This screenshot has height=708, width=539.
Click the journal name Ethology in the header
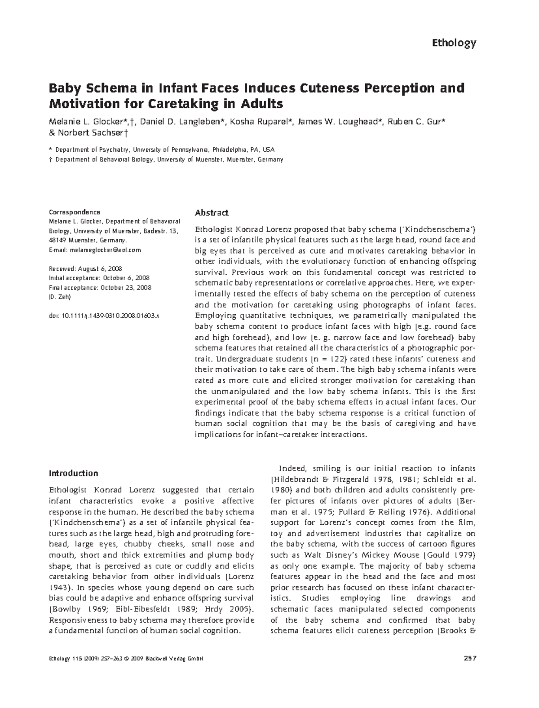pos(453,43)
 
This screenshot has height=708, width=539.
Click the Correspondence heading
pos(74,212)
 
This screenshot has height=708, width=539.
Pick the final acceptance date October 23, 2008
pos(126,287)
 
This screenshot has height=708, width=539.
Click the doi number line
pos(104,316)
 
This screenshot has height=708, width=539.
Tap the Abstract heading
pos(212,213)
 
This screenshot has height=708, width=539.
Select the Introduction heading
pos(73,473)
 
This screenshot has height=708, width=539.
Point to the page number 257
pos(469,659)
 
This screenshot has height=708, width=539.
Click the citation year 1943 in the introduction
pos(58,588)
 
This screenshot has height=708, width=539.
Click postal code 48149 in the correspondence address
pos(57,240)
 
